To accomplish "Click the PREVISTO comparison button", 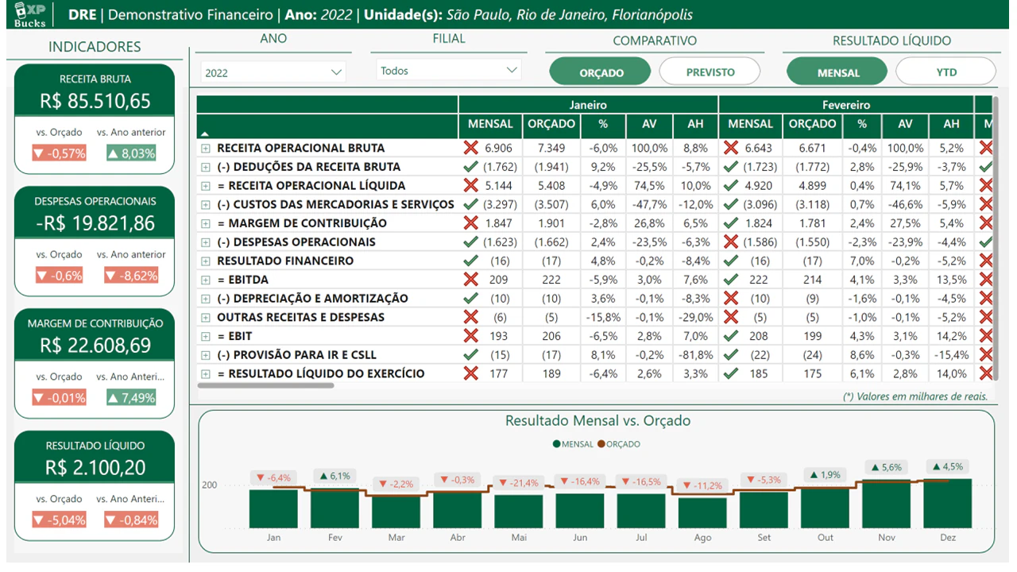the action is (710, 71).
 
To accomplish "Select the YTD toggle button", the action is (945, 71).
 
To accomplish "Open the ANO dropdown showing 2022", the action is (273, 72).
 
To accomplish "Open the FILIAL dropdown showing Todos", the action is (448, 71).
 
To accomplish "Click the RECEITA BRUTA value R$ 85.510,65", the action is (95, 101).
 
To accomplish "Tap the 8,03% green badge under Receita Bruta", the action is (132, 153).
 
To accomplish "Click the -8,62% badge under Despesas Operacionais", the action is (132, 275).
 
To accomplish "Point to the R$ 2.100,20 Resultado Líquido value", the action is (95, 468).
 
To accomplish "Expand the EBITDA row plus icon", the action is (206, 280).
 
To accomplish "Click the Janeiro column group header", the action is (588, 105).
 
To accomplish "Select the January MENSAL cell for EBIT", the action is (498, 336).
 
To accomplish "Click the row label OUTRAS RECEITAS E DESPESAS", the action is (300, 317).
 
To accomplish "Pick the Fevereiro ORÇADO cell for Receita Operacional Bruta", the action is (812, 148).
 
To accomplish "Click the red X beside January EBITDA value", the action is (471, 279).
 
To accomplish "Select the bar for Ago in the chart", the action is (702, 513).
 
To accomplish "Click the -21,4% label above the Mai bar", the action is (519, 483).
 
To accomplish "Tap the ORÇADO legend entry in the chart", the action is (619, 444).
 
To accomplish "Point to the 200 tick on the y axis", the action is (209, 485).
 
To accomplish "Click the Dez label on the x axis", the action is (948, 538).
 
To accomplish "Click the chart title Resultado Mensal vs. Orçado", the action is (597, 420).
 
